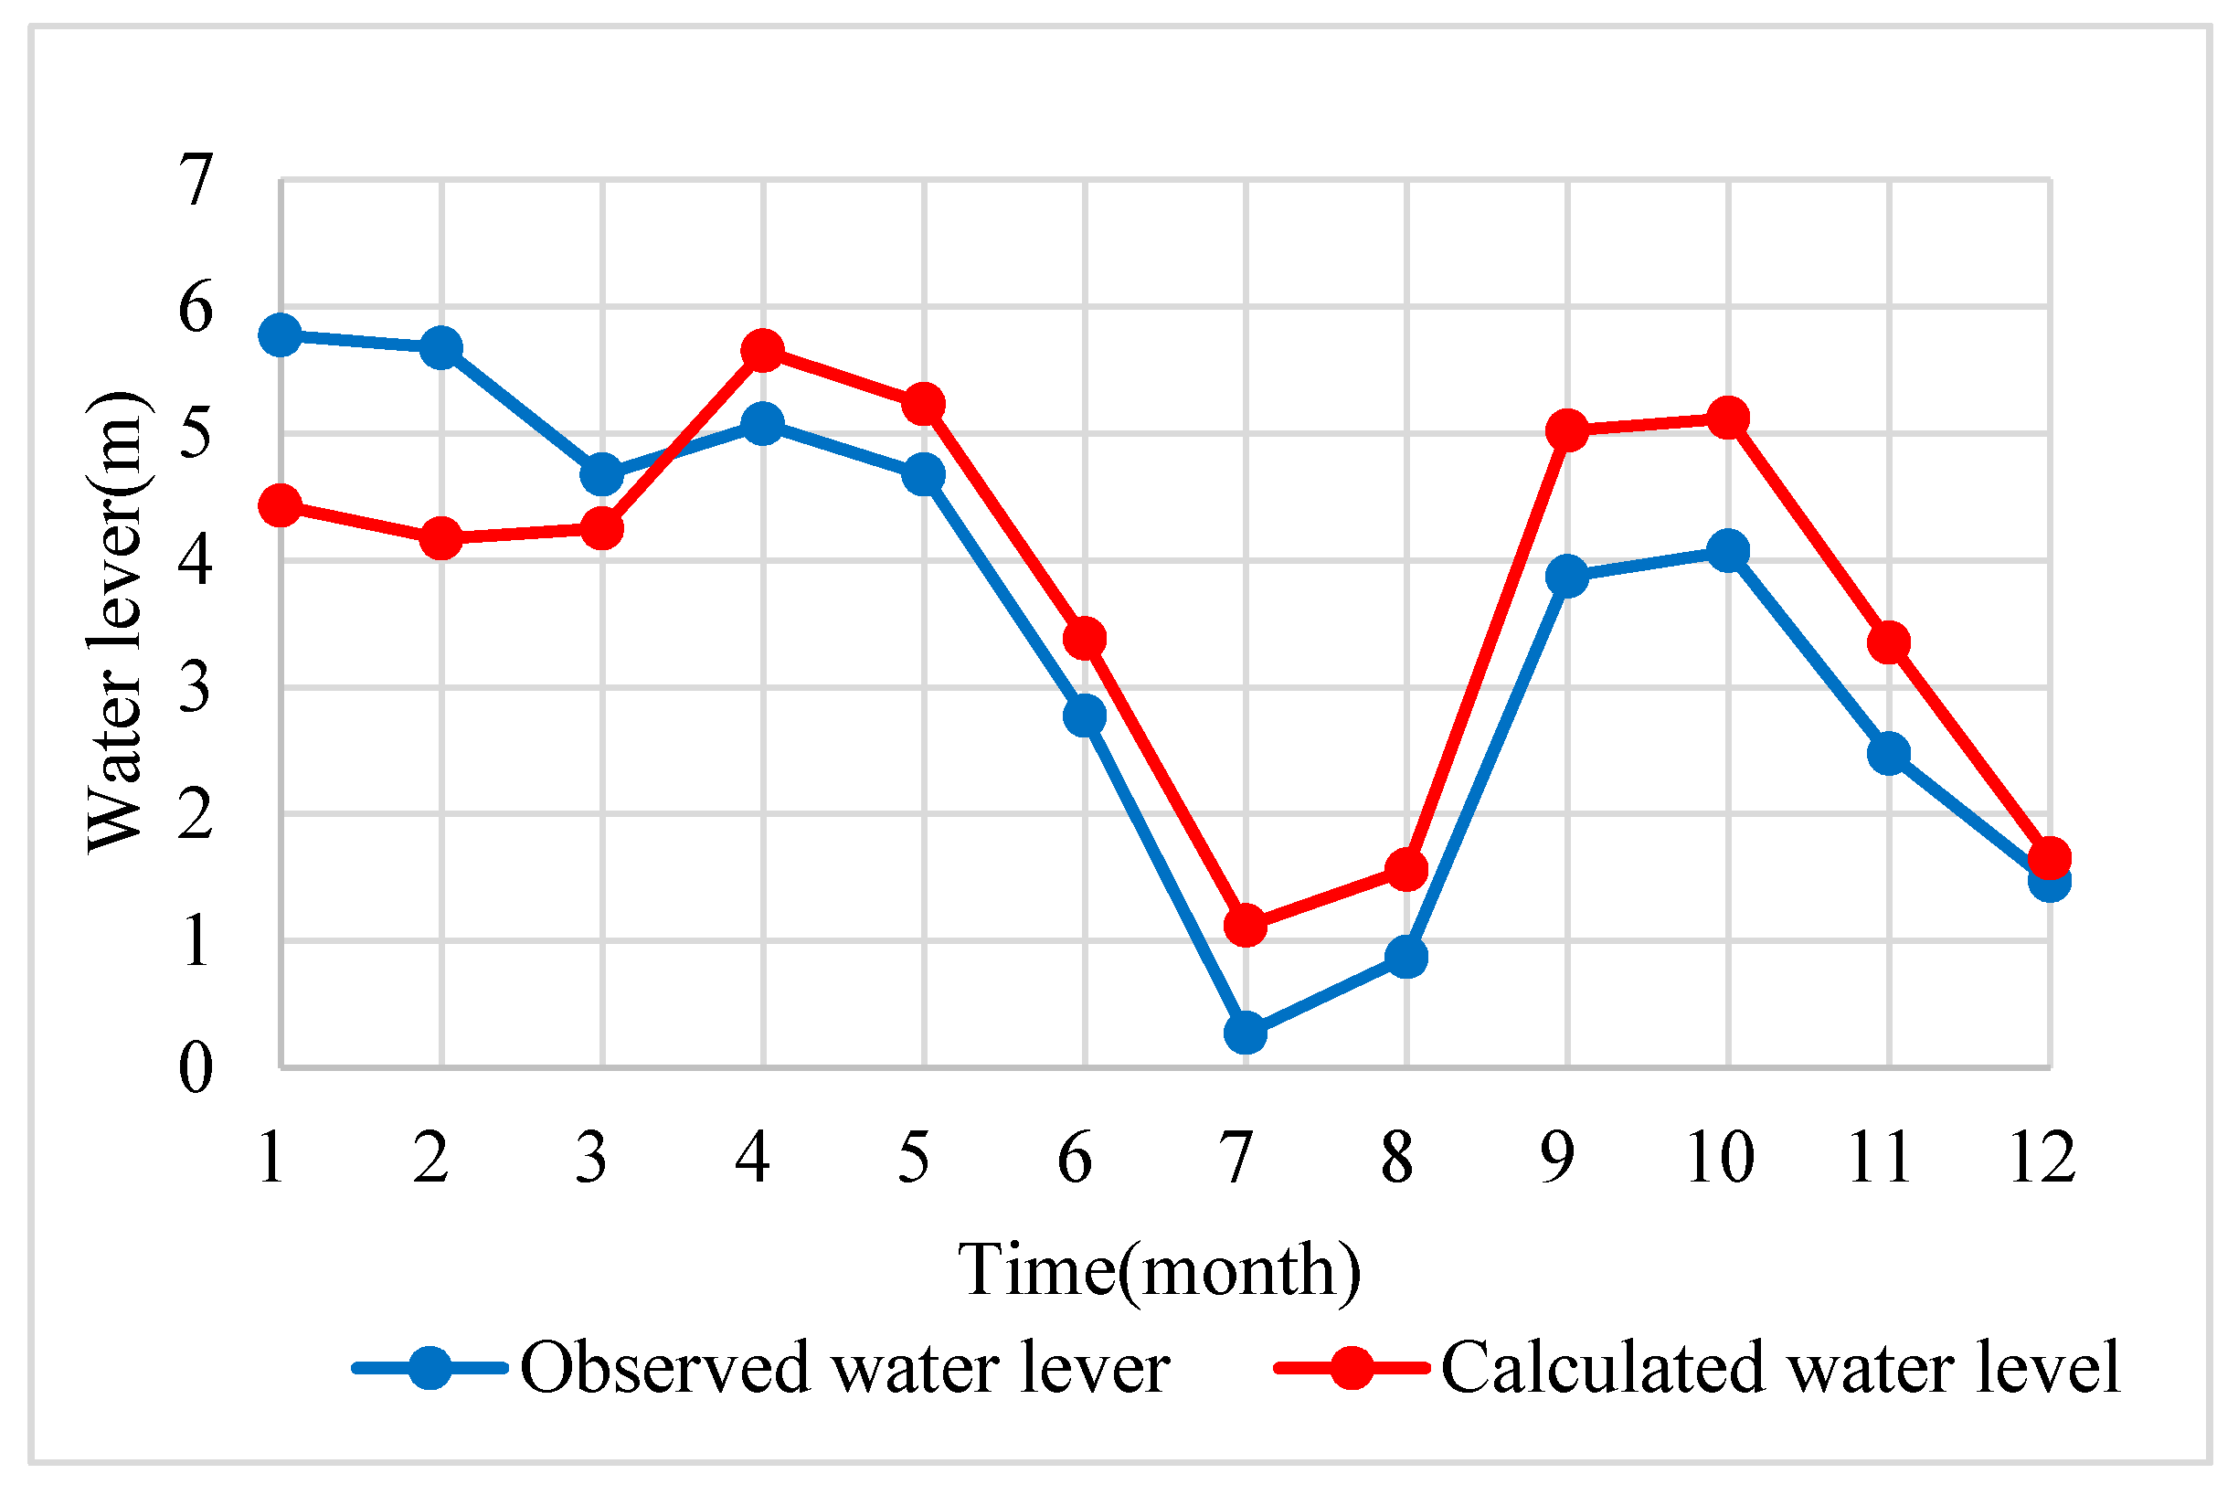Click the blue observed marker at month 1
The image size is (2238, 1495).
click(x=280, y=334)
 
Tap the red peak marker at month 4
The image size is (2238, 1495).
click(x=762, y=350)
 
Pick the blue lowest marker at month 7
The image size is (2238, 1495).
click(x=1245, y=1032)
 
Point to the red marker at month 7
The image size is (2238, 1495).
click(x=1245, y=925)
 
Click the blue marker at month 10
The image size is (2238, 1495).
click(x=1727, y=550)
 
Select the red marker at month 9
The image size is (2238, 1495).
click(x=1566, y=430)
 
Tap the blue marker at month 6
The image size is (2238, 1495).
click(x=1084, y=714)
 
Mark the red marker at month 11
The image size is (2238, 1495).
click(x=1888, y=642)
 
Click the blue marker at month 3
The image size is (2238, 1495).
click(x=601, y=474)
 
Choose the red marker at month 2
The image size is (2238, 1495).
click(x=440, y=539)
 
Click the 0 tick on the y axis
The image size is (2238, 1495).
click(x=196, y=1068)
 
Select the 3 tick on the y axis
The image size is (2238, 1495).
click(x=196, y=687)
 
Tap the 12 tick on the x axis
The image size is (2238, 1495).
click(x=2042, y=1159)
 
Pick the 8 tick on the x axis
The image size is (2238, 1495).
click(x=1398, y=1159)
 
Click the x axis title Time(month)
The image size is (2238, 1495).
click(x=1160, y=1270)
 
